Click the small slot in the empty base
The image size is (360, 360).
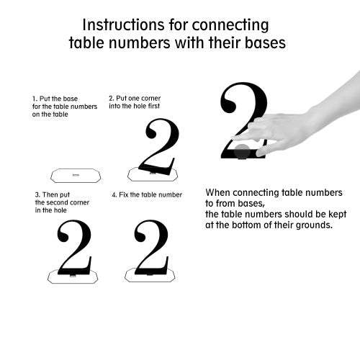tap(76, 175)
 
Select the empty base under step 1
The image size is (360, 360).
tap(76, 176)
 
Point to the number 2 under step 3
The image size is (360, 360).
tap(74, 247)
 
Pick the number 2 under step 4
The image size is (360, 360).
tap(152, 247)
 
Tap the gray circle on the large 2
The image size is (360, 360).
tap(242, 151)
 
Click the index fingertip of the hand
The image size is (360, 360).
tap(234, 138)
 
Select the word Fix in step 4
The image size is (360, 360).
tap(124, 194)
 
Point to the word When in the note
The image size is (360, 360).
tap(218, 192)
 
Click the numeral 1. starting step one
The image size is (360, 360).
tap(35, 99)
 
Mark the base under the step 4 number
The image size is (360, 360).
tap(150, 275)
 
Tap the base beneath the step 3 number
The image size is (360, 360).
tap(73, 276)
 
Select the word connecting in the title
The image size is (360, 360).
tap(230, 25)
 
